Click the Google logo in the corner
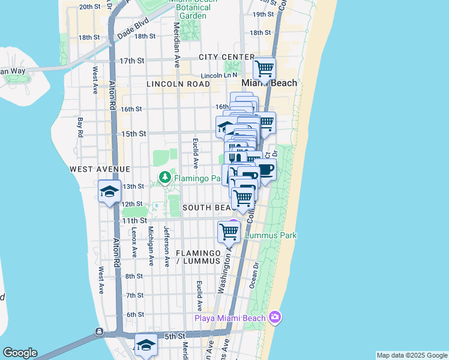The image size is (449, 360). pyautogui.click(x=20, y=353)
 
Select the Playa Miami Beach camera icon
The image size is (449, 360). pyautogui.click(x=275, y=317)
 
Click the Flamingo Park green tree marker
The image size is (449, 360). pyautogui.click(x=164, y=178)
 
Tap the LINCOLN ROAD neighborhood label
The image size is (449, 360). pyautogui.click(x=178, y=85)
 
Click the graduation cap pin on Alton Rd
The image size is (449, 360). pyautogui.click(x=109, y=191)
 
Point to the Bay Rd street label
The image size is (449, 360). pyautogui.click(x=80, y=127)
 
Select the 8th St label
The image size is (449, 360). pyautogui.click(x=134, y=276)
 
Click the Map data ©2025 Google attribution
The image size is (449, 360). pyautogui.click(x=412, y=355)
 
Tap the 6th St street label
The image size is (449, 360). pyautogui.click(x=135, y=314)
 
